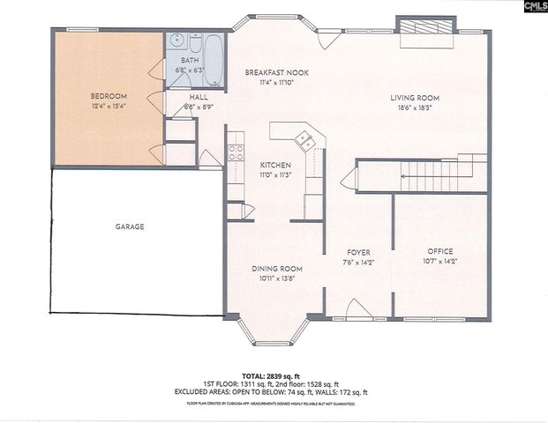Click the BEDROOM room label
[109, 95]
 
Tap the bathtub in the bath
[213, 44]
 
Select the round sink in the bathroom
[176, 41]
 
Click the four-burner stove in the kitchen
[236, 151]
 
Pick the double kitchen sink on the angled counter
[303, 138]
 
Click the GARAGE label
[129, 226]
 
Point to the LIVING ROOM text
[415, 98]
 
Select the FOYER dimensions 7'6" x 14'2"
[358, 262]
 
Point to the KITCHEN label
[275, 165]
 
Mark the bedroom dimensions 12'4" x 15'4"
[109, 106]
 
